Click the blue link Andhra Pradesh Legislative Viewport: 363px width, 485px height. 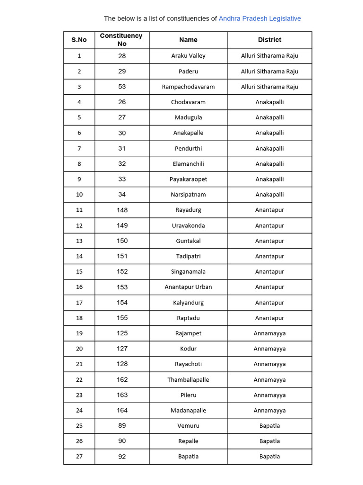pyautogui.click(x=259, y=18)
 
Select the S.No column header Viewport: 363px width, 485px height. pyautogui.click(x=79, y=40)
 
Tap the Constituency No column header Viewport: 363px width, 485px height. pyautogui.click(x=122, y=40)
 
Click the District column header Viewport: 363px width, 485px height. pyautogui.click(x=269, y=40)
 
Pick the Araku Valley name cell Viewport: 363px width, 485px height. pyautogui.click(x=188, y=56)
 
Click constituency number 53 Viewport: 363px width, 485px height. pyautogui.click(x=122, y=87)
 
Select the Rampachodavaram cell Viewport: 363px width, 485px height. pyautogui.click(x=188, y=87)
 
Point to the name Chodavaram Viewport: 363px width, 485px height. pyautogui.click(x=188, y=102)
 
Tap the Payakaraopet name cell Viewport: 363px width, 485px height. pyautogui.click(x=188, y=179)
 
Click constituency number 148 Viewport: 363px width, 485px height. pyautogui.click(x=122, y=210)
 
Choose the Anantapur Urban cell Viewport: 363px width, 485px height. pyautogui.click(x=188, y=287)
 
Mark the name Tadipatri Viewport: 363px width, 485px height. pyautogui.click(x=188, y=256)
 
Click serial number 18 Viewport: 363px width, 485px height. pyautogui.click(x=79, y=318)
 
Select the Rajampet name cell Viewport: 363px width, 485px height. pyautogui.click(x=188, y=333)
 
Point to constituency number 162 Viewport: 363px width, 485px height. pyautogui.click(x=122, y=379)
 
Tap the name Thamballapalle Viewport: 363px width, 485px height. pyautogui.click(x=188, y=379)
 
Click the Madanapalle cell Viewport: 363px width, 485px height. pyautogui.click(x=188, y=410)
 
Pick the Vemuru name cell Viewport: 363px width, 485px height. pyautogui.click(x=188, y=426)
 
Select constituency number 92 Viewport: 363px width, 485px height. pyautogui.click(x=122, y=457)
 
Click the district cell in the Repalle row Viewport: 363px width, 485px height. pyautogui.click(x=269, y=441)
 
